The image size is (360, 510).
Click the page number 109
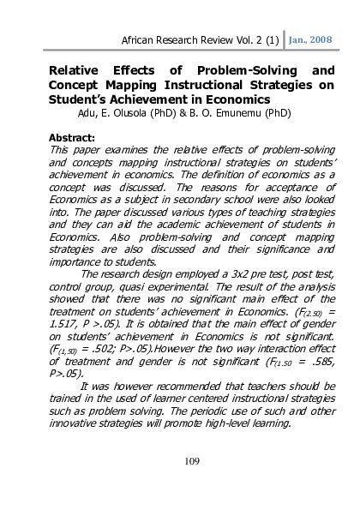(191, 462)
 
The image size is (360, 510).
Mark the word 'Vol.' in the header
(233, 39)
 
